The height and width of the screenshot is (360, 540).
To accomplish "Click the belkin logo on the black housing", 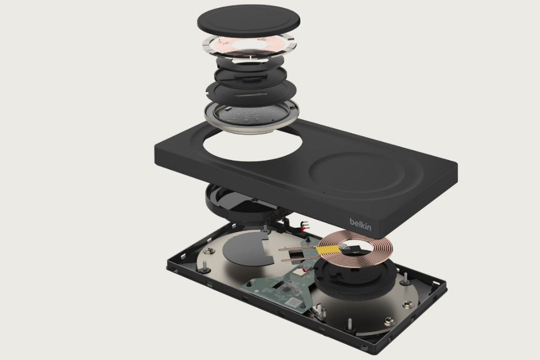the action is click(360, 224).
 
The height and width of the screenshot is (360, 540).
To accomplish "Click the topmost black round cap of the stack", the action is click(248, 20).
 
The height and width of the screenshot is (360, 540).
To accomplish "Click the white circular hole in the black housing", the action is click(253, 143).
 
